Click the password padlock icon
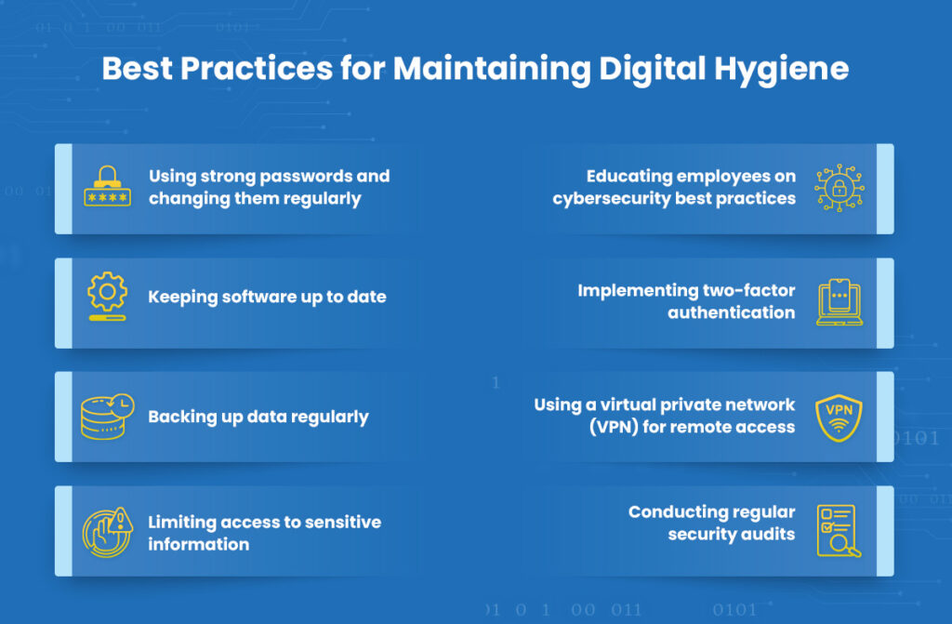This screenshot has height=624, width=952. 108,186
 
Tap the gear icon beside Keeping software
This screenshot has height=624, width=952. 108,296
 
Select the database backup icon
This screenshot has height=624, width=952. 108,417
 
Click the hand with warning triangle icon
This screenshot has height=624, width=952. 108,532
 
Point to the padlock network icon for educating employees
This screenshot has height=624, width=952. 840,188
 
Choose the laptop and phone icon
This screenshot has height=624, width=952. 840,302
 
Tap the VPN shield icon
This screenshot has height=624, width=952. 840,418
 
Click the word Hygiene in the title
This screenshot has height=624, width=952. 781,69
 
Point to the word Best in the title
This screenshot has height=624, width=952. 138,68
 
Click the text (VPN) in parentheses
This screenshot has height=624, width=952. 614,427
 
